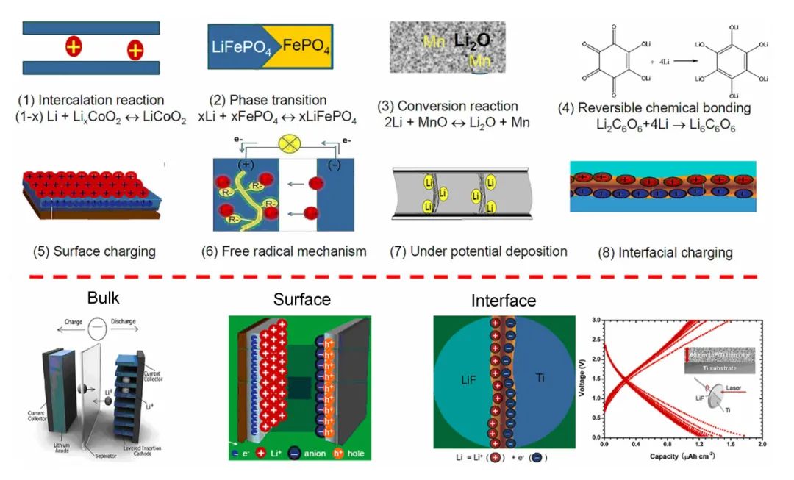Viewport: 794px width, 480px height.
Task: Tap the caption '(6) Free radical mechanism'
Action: (284, 251)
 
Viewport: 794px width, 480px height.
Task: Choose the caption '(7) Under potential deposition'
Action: (479, 251)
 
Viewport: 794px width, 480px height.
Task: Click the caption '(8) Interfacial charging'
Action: (666, 253)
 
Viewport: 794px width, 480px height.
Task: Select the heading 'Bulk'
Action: (102, 298)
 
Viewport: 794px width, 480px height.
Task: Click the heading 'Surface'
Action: (301, 299)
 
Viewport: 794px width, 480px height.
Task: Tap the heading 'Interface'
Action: (504, 301)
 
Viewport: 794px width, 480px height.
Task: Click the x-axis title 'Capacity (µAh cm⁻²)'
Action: (683, 456)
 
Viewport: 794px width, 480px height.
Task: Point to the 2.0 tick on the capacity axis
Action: (762, 445)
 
